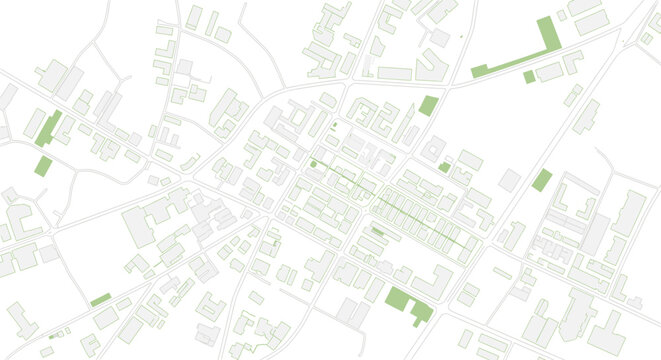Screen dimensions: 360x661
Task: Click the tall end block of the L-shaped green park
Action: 546,34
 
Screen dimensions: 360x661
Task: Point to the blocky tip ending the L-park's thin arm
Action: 479,71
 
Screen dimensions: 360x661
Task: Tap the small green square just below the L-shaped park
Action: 529,77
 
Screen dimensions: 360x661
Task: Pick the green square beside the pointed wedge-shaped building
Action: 428,105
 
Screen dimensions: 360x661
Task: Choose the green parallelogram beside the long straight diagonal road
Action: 541,180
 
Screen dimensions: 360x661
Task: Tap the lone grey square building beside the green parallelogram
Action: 510,180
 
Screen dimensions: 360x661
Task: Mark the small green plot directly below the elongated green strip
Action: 43,165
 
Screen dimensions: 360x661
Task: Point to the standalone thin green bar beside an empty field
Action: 100,300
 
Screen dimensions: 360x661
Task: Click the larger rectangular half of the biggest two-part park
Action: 398,299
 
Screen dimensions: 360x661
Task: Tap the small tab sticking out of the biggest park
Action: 421,312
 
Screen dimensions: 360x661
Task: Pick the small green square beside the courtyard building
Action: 444,167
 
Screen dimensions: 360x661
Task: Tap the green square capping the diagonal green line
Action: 313,164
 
